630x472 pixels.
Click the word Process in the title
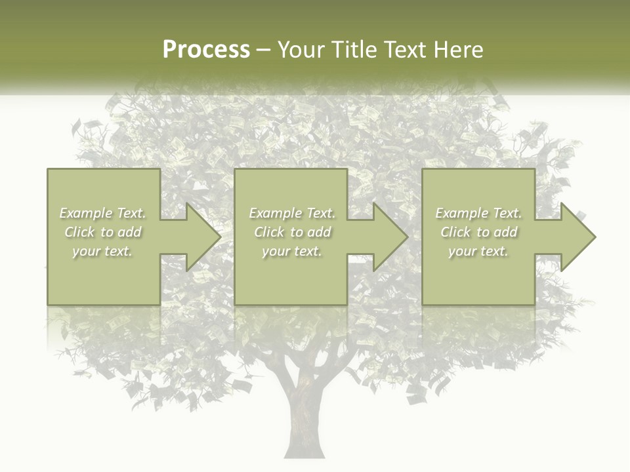206,50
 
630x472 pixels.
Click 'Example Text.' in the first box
103,213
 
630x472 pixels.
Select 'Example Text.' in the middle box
292,213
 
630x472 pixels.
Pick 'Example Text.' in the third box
478,213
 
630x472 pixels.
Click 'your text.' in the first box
102,251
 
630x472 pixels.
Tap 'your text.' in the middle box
291,251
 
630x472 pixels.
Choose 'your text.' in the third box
478,251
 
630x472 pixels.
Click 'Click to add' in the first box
103,232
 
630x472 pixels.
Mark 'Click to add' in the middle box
292,232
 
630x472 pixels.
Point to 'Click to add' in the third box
479,232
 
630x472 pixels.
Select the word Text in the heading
402,50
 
